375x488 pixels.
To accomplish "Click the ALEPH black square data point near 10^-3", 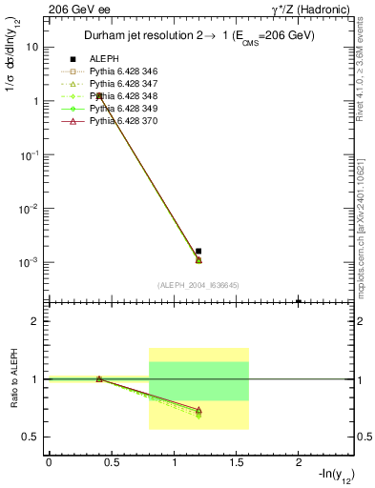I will (x=198, y=251).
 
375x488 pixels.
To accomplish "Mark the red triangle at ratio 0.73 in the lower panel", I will (x=198, y=410).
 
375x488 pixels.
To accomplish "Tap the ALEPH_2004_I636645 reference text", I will (x=198, y=285).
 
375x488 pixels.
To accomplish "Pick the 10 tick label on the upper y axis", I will (x=32, y=47).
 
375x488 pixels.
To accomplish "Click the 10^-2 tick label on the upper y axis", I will (x=31, y=208).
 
